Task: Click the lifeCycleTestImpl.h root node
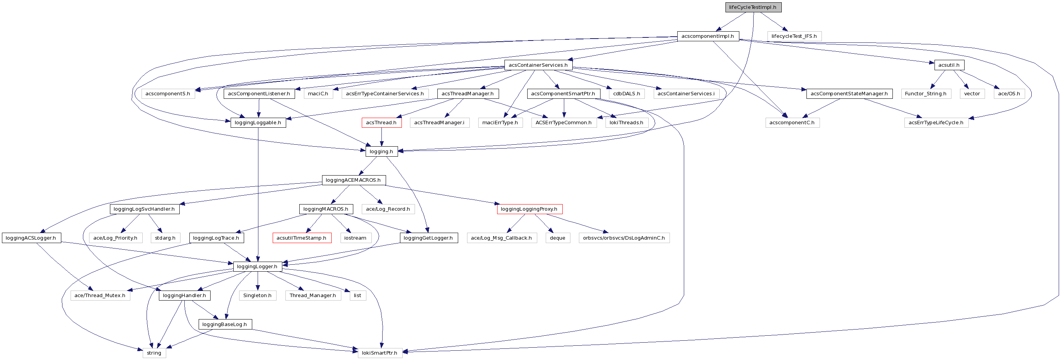[x=752, y=7]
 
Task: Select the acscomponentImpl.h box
[x=708, y=36]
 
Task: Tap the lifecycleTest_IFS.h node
[x=794, y=36]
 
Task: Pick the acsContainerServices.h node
[x=538, y=65]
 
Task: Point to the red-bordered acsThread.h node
[x=381, y=122]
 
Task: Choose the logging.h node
[x=381, y=151]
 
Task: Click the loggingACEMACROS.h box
[x=353, y=180]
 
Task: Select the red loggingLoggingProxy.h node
[x=529, y=209]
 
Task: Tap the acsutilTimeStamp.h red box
[x=302, y=238]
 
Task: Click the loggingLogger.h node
[x=257, y=267]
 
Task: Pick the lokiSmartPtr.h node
[x=380, y=353]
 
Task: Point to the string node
[x=154, y=353]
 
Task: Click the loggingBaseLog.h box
[x=225, y=324]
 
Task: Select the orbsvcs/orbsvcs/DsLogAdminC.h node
[x=624, y=238]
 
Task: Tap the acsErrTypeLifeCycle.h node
[x=936, y=122]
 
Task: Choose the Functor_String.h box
[x=926, y=93]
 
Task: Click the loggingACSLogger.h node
[x=31, y=238]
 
